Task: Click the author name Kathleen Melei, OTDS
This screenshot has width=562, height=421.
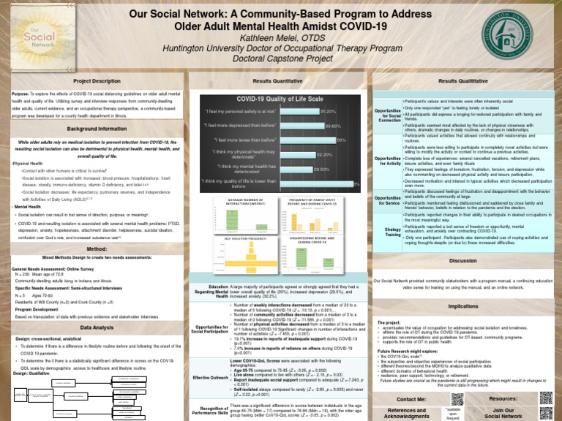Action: pyautogui.click(x=280, y=37)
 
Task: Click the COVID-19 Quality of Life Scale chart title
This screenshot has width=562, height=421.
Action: pyautogui.click(x=281, y=99)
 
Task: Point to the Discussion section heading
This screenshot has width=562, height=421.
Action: pyautogui.click(x=462, y=260)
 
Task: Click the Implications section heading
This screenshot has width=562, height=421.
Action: pyautogui.click(x=462, y=306)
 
